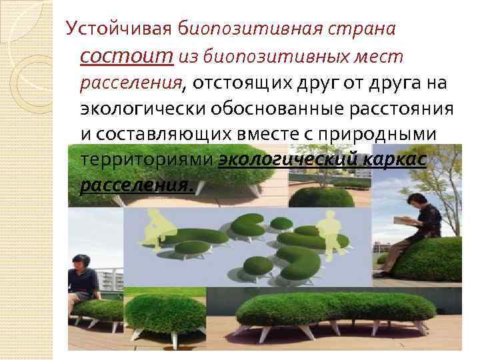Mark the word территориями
(147, 159)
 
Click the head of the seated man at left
(78, 261)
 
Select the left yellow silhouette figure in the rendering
(153, 229)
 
